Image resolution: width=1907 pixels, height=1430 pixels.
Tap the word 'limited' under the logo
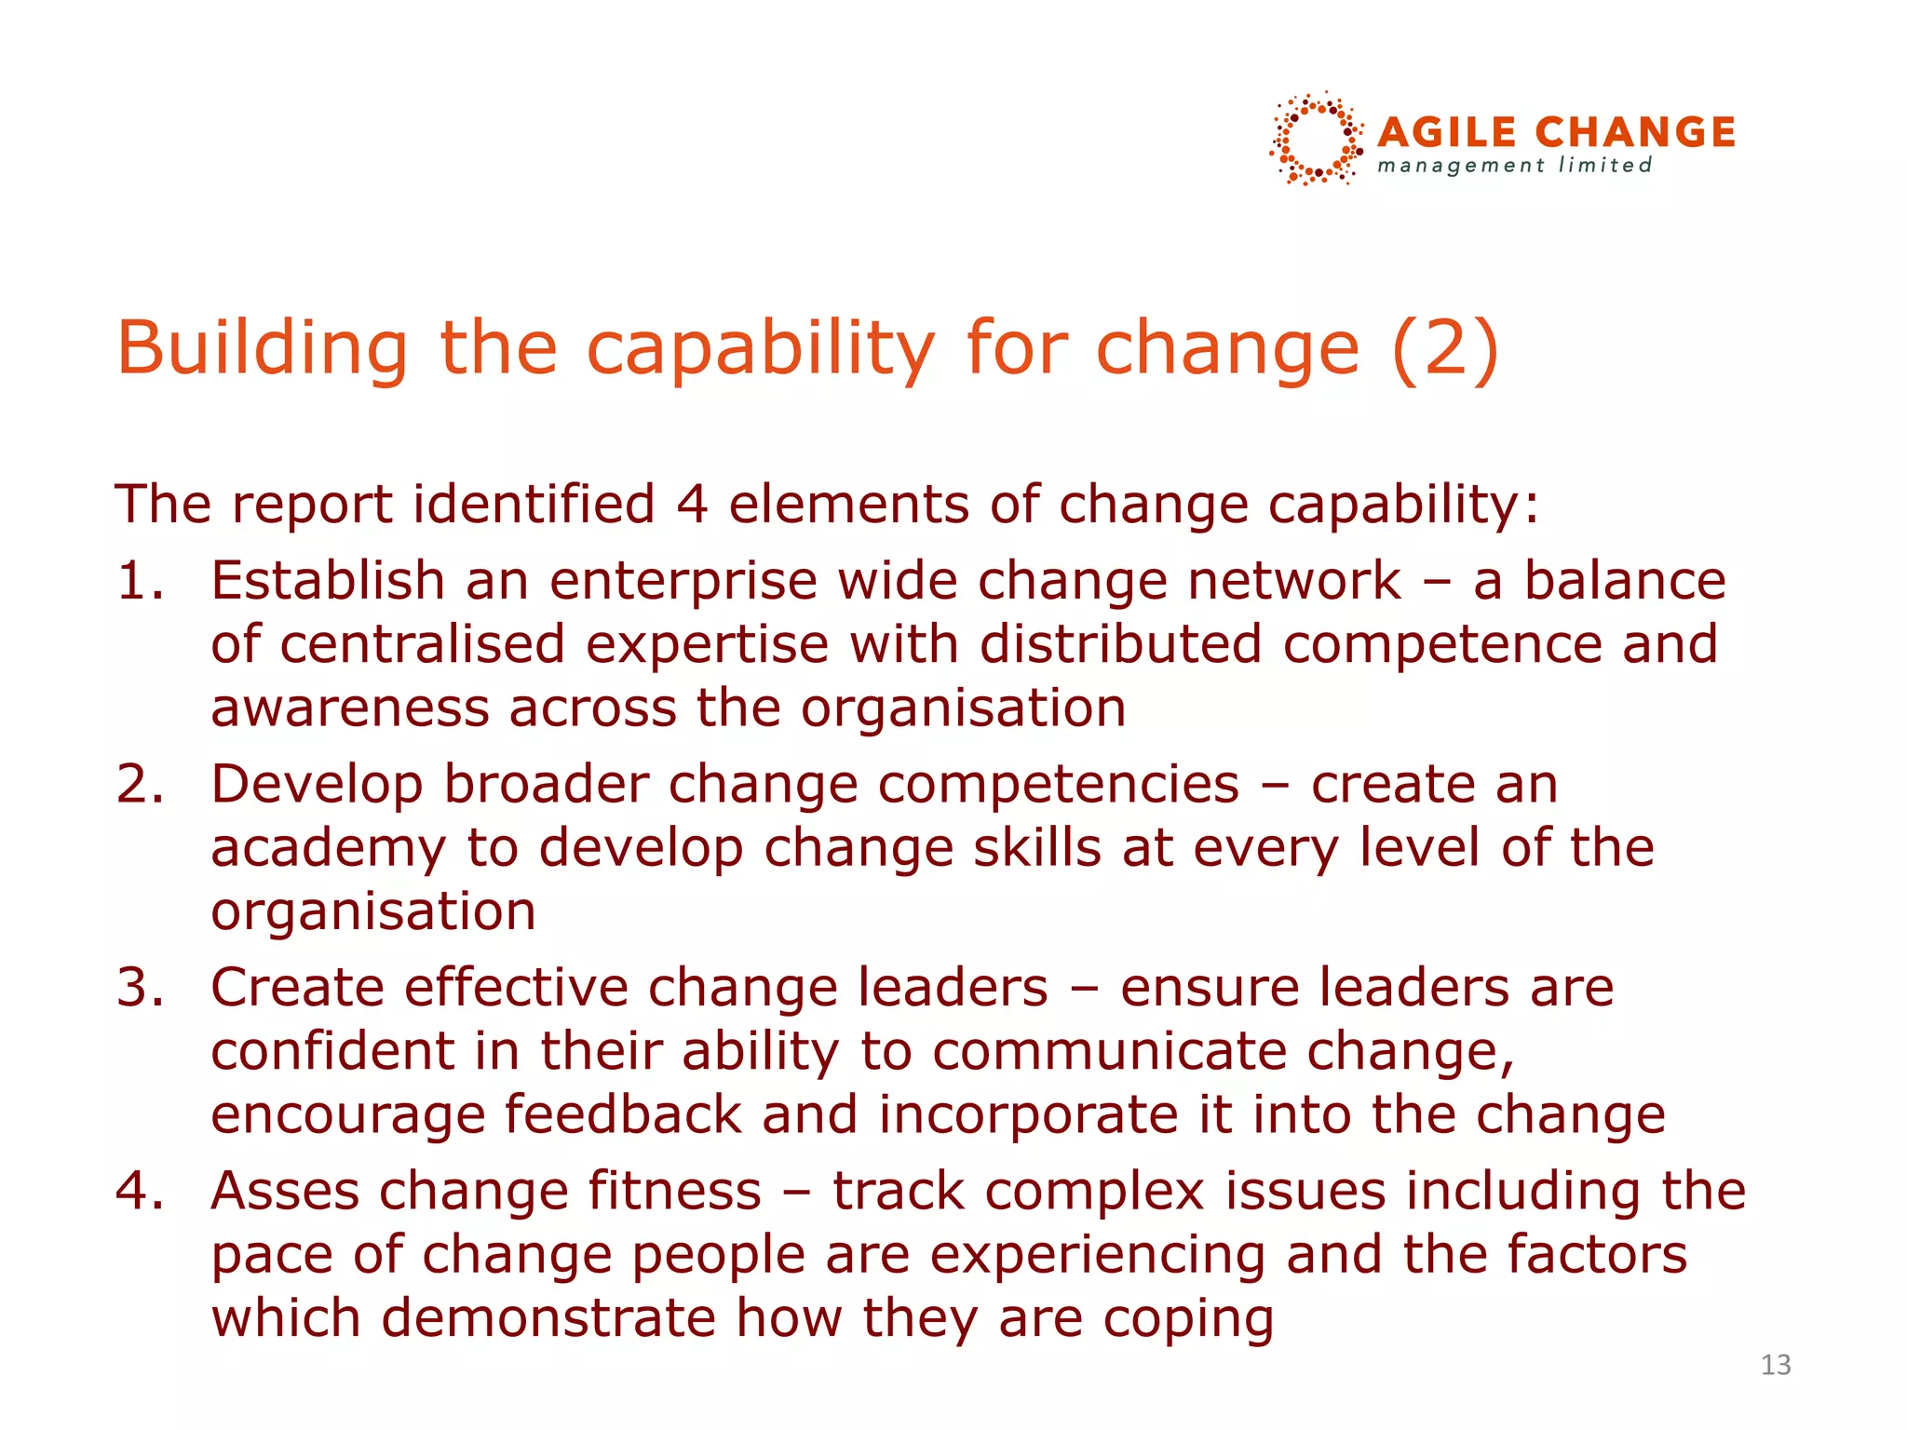pyautogui.click(x=1605, y=166)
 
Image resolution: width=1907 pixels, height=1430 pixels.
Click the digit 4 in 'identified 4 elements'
pyautogui.click(x=692, y=505)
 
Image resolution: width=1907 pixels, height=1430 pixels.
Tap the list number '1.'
pyautogui.click(x=141, y=581)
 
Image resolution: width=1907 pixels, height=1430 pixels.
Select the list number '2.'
pyautogui.click(x=141, y=784)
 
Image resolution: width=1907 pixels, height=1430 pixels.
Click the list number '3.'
pyautogui.click(x=141, y=988)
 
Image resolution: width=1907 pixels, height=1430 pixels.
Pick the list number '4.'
pyautogui.click(x=141, y=1192)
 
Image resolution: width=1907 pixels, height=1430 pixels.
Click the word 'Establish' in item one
pyautogui.click(x=328, y=581)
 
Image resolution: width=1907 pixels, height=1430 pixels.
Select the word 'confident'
pyautogui.click(x=332, y=1051)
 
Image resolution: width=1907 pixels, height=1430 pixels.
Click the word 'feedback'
pyautogui.click(x=623, y=1115)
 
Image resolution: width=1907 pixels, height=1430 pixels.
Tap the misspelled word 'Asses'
pyautogui.click(x=285, y=1192)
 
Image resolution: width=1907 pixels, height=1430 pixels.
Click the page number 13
pyautogui.click(x=1776, y=1365)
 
